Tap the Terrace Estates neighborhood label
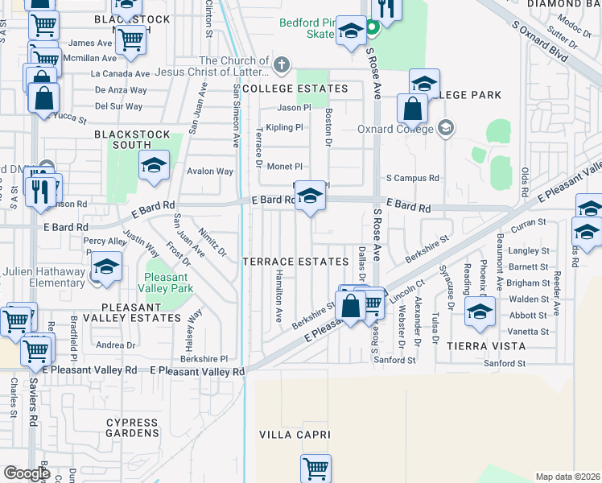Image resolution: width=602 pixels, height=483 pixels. [295, 262]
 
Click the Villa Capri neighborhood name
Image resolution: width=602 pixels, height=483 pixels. [295, 435]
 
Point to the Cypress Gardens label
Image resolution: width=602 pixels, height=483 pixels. [132, 427]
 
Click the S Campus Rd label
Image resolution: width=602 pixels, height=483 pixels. [413, 178]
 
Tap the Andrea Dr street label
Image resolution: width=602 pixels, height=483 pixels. [115, 345]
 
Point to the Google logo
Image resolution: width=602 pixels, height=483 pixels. [27, 473]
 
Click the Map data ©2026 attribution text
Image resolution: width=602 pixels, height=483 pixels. [567, 477]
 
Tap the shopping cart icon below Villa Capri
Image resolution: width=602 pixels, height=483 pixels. [315, 469]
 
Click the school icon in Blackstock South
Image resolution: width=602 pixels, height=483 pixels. [154, 165]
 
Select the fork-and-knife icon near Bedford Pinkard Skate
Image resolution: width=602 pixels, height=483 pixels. [388, 9]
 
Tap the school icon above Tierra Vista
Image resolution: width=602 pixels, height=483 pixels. [480, 311]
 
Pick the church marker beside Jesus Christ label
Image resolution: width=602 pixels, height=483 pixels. [281, 63]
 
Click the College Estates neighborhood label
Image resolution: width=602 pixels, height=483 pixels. [295, 89]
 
